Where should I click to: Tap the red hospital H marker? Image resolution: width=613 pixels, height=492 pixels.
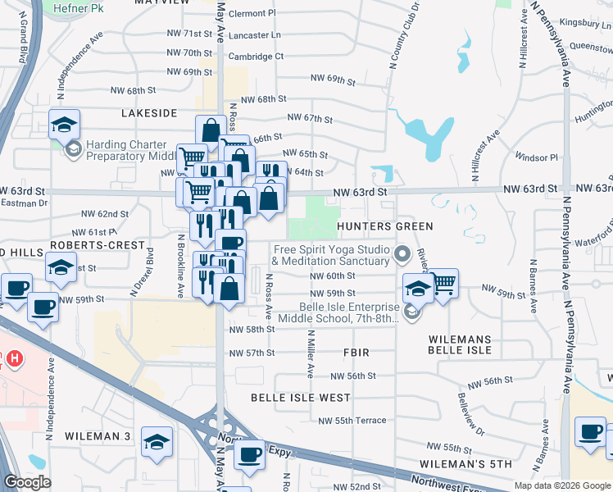13,358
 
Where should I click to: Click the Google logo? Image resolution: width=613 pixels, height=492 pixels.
27,482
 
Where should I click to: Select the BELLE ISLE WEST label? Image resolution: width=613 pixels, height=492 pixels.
301,398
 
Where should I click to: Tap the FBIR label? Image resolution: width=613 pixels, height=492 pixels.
356,352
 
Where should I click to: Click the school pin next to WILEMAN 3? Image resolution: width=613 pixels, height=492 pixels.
157,441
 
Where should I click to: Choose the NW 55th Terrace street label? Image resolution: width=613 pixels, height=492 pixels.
352,421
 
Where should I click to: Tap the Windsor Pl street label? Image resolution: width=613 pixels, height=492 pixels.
536,157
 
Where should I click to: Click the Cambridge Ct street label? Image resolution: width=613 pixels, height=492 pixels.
256,57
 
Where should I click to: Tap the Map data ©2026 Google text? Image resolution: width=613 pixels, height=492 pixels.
562,485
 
